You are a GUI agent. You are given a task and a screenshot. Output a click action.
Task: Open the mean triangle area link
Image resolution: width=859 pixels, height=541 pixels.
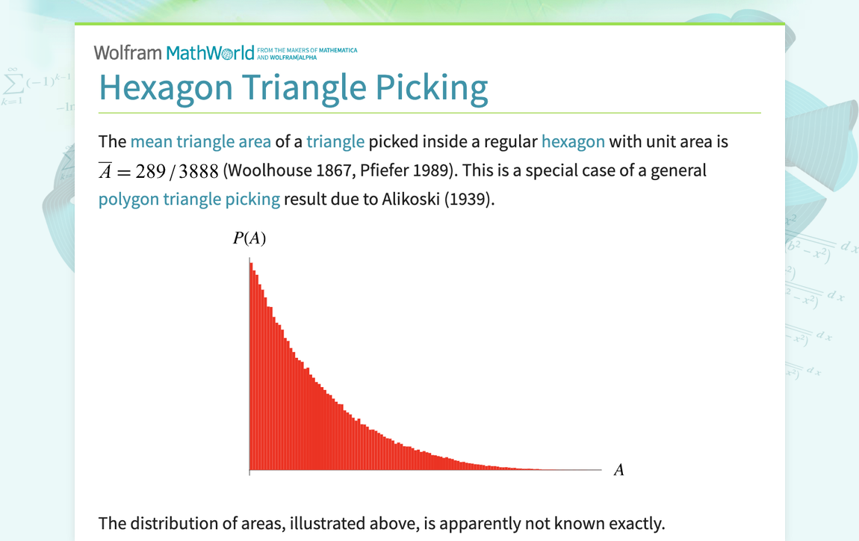[x=200, y=142]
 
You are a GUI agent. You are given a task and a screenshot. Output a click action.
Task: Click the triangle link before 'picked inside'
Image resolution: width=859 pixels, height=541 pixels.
[x=335, y=142]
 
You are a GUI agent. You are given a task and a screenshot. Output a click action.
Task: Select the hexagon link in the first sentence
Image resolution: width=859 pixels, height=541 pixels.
[x=573, y=142]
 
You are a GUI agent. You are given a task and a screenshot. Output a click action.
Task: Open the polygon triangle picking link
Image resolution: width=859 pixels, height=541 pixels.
[x=189, y=200]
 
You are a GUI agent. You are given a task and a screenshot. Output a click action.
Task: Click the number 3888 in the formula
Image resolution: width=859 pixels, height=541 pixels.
[x=199, y=171]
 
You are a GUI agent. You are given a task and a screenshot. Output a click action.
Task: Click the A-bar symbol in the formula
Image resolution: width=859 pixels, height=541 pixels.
[x=105, y=170]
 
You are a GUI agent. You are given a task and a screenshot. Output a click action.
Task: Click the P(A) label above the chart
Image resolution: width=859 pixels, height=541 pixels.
[x=249, y=238]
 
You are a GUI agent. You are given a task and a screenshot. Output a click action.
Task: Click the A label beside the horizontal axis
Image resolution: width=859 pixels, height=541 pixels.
[x=618, y=470]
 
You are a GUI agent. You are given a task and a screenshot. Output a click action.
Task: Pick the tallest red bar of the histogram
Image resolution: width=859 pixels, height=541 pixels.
[x=251, y=366]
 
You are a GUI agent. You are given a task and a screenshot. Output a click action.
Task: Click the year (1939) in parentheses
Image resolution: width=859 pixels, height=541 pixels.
[x=469, y=200]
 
